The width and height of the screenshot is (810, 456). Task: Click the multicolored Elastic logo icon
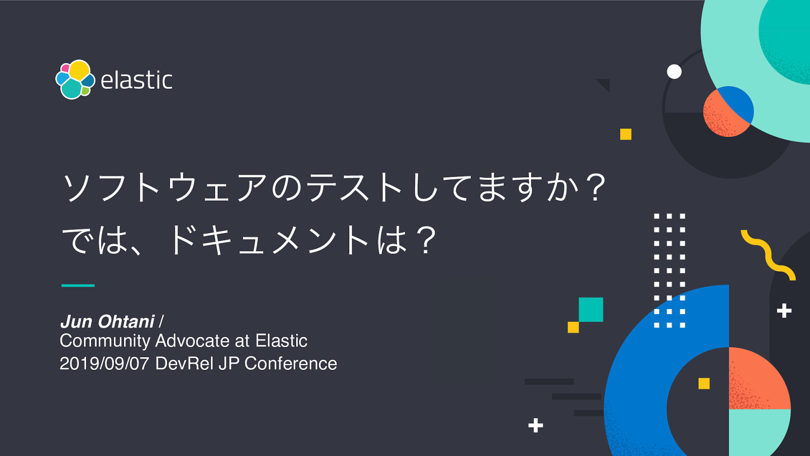point(75,80)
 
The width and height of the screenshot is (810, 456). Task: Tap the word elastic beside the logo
point(137,81)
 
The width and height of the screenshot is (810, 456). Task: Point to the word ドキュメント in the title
point(268,240)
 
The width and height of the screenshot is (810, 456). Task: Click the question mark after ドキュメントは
point(426,240)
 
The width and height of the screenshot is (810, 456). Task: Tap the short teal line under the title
point(78,285)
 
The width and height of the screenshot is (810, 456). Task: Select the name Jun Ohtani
point(107,322)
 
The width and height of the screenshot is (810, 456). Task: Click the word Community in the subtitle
point(105,341)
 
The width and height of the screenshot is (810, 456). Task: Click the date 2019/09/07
point(104,364)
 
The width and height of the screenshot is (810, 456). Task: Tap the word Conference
point(291,364)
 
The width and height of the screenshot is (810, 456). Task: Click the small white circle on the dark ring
point(674,71)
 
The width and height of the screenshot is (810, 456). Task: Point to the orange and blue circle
point(728,111)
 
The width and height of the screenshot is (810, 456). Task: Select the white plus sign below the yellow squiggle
point(784,311)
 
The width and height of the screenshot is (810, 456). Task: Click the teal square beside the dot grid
point(591,310)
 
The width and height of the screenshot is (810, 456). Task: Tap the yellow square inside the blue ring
point(704,384)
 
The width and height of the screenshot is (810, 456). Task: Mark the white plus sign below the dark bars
point(536,425)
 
